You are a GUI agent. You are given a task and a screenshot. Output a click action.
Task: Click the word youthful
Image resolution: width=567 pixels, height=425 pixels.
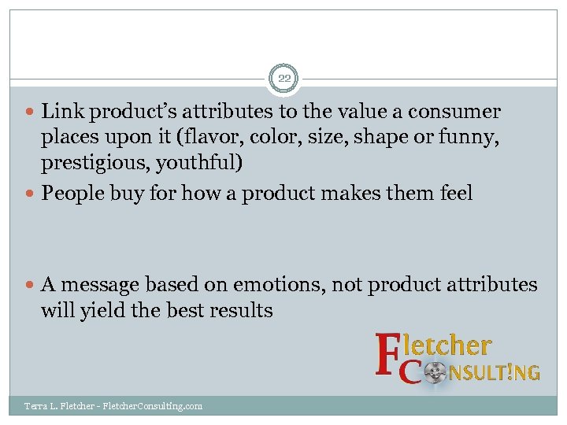point(199,164)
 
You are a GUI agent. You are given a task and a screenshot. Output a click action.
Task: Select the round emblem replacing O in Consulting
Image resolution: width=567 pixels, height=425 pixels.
point(435,371)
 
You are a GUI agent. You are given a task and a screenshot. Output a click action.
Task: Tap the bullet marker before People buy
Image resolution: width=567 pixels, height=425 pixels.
point(31,194)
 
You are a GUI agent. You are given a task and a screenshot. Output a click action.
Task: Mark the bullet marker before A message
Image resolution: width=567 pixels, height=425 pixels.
point(31,285)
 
